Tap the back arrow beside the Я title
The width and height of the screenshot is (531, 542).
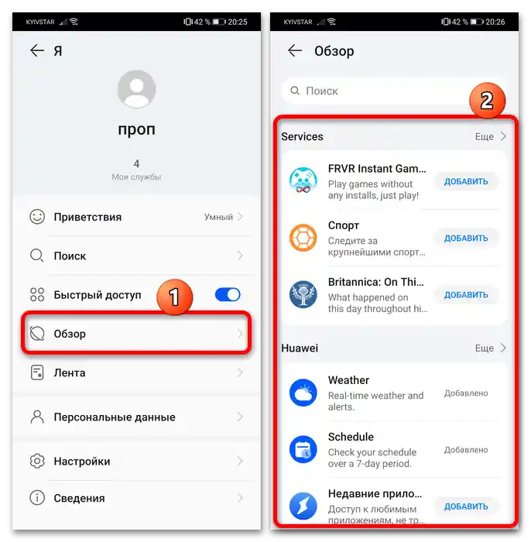pos(37,51)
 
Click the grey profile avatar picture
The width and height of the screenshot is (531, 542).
pos(136,89)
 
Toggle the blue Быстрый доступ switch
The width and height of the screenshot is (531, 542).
pos(228,295)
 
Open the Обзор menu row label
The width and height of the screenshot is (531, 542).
pos(70,334)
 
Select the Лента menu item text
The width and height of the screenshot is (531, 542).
pos(70,373)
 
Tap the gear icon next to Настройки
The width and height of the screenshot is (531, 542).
pos(37,461)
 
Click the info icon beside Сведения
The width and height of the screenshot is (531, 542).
pos(37,498)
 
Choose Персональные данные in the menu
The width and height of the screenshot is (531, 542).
pos(115,417)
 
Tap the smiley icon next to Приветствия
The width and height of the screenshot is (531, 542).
pos(37,217)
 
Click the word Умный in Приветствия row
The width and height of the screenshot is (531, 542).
pos(218,217)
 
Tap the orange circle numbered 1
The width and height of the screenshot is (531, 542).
pos(174,297)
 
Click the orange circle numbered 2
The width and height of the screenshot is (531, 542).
pos(487,101)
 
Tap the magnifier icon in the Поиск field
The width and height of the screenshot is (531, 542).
pos(295,91)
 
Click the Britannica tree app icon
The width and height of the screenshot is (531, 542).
pos(303,294)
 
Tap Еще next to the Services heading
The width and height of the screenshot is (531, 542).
pos(484,137)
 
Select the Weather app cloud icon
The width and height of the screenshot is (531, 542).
pos(303,393)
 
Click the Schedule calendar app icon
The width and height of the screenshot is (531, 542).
pos(303,449)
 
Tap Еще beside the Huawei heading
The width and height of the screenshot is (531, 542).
pos(484,348)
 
